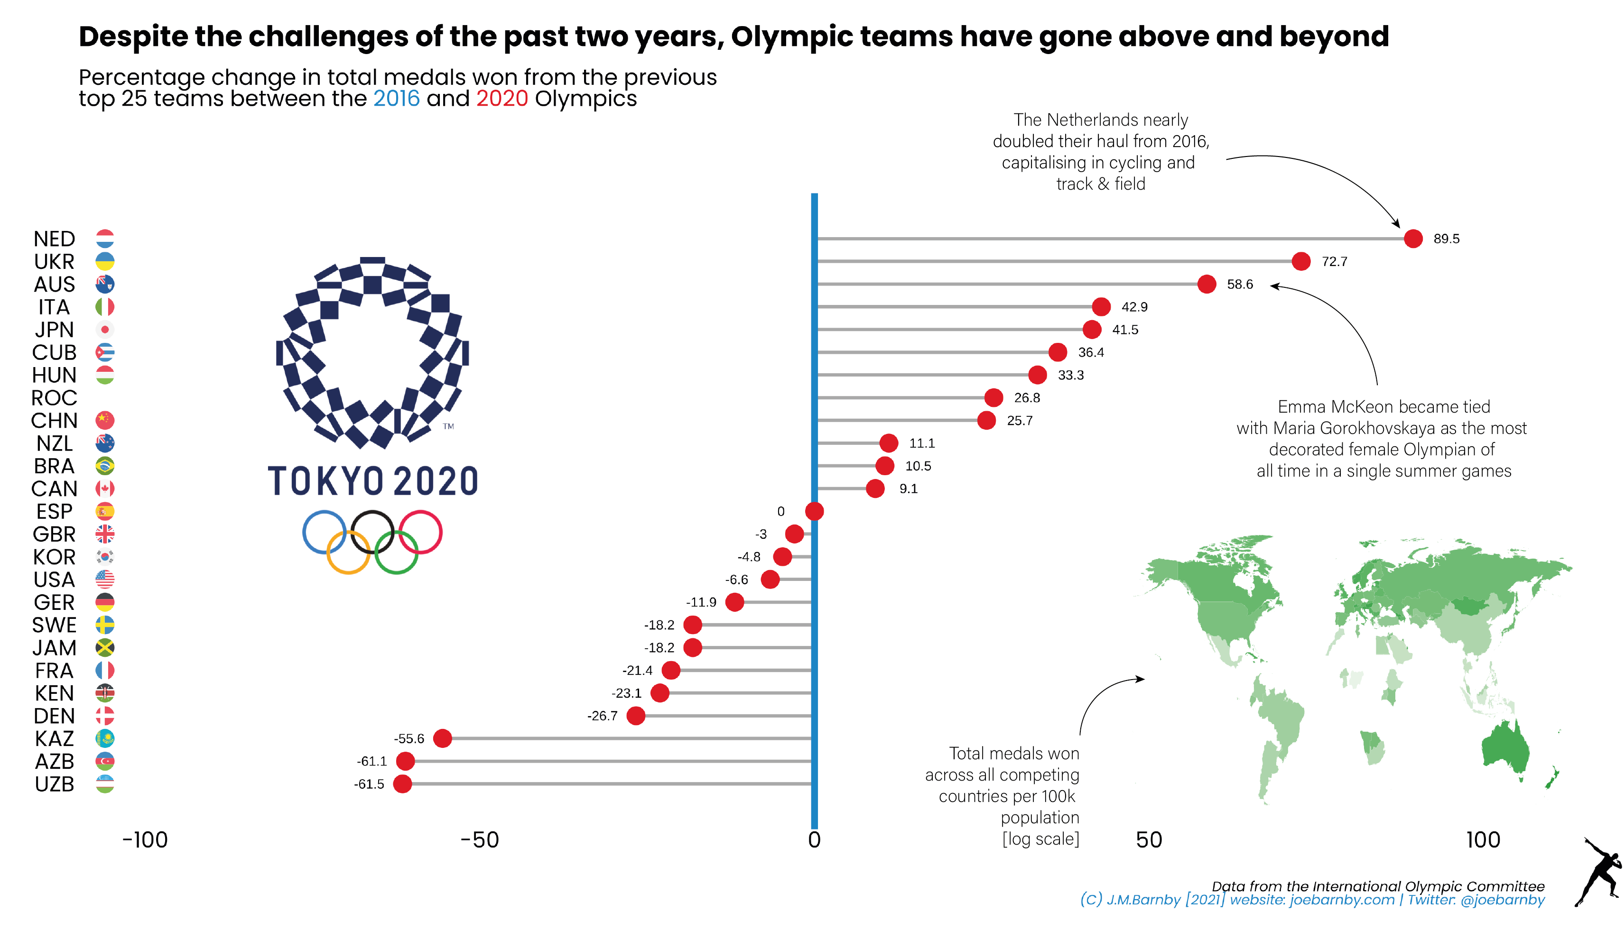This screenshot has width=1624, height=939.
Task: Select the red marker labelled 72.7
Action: click(1300, 261)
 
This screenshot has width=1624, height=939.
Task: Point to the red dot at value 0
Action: click(814, 511)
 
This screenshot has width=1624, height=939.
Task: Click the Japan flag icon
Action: click(105, 329)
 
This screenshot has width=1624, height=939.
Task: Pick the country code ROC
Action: click(54, 397)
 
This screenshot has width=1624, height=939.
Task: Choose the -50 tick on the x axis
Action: click(480, 839)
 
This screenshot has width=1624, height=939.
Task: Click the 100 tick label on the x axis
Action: click(1483, 839)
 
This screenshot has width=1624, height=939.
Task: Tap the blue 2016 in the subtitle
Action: click(396, 99)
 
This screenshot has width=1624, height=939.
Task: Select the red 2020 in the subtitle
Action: click(502, 99)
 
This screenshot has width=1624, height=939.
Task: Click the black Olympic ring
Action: click(372, 532)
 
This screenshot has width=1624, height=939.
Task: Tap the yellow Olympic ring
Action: click(348, 552)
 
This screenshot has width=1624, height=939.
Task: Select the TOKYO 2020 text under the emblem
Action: click(372, 481)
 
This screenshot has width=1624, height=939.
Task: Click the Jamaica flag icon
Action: click(105, 647)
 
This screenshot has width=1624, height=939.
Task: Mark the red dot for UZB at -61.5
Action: click(402, 784)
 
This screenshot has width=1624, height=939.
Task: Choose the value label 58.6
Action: click(1239, 284)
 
